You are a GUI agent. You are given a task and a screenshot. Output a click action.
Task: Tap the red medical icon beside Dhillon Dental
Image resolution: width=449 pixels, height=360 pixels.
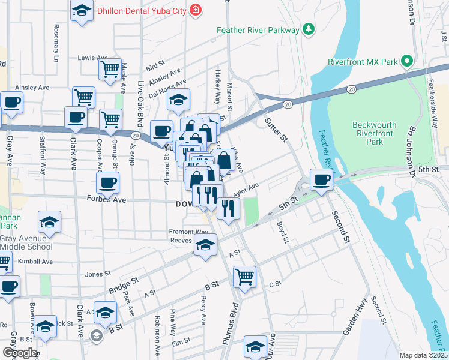point(194,10)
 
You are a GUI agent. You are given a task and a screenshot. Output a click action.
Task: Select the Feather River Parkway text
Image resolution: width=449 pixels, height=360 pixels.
point(258,29)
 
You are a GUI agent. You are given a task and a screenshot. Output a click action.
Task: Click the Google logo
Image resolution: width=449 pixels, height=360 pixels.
point(19,353)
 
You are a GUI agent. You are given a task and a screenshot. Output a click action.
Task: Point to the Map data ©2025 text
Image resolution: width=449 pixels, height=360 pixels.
point(423,355)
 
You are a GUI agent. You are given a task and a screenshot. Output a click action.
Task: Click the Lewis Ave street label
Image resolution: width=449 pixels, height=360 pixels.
point(91,58)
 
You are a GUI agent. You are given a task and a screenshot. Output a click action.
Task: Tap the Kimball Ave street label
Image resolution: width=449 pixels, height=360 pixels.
point(36,262)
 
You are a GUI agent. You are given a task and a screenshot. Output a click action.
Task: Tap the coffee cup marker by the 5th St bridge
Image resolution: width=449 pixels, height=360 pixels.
point(321,179)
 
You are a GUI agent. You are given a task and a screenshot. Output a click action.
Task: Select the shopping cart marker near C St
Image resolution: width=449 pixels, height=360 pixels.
point(244,276)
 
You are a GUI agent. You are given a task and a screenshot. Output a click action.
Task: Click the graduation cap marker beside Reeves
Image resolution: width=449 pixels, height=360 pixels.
point(205,245)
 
